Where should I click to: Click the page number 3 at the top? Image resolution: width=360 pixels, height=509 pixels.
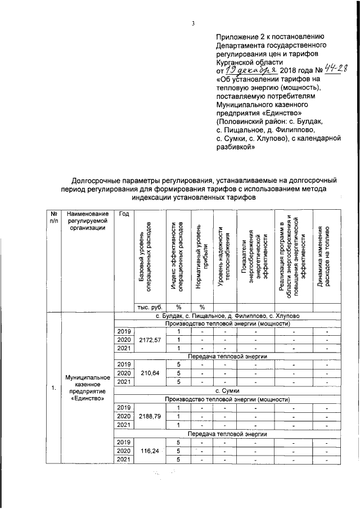(x=192, y=23)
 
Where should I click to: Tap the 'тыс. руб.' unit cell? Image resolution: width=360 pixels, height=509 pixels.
(x=150, y=307)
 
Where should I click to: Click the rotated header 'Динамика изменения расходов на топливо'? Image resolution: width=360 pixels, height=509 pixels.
(x=323, y=256)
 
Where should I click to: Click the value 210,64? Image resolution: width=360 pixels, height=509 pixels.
(x=150, y=373)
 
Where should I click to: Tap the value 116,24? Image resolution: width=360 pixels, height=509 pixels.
(x=150, y=451)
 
